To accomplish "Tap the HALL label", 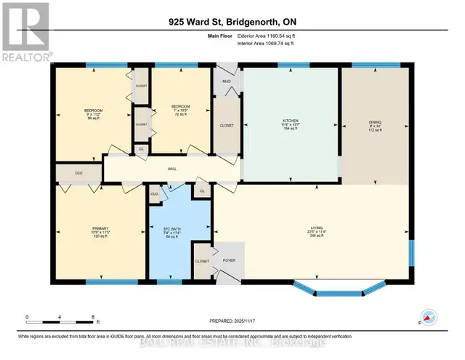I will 171,169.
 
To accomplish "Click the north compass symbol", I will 427,318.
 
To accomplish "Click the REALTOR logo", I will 26,33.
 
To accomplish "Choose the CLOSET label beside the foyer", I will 202,260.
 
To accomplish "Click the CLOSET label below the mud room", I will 227,124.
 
